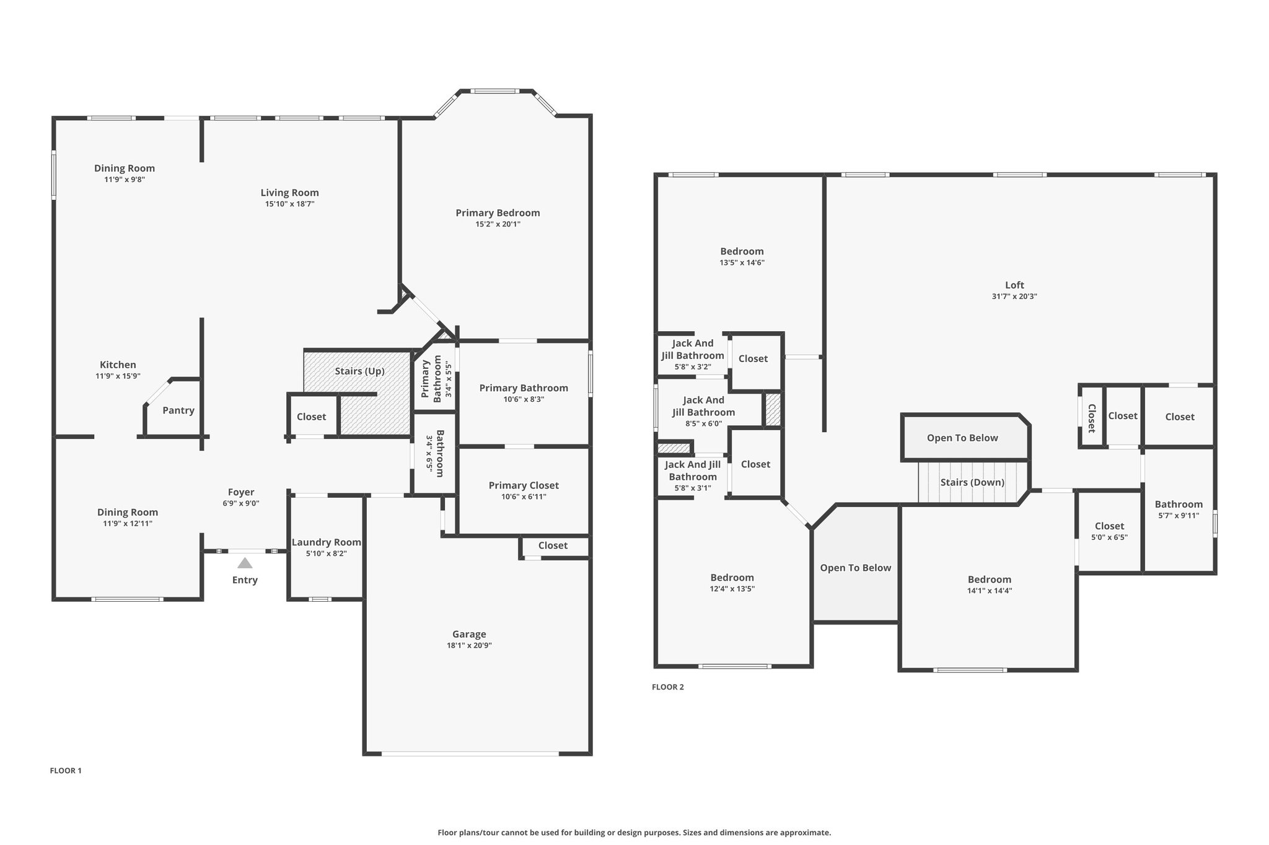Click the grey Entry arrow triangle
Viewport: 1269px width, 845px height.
coord(245,563)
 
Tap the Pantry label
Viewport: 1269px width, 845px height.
coord(178,410)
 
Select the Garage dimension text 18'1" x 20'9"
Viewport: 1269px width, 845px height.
coord(469,646)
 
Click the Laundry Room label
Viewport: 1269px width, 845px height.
coord(327,542)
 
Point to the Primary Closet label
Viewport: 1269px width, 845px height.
coord(524,485)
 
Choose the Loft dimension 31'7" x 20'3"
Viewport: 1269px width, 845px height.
coord(1014,297)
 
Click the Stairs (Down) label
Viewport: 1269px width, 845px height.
coord(972,482)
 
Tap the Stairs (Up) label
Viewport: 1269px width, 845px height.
coord(359,371)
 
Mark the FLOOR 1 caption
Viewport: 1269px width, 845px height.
coord(66,771)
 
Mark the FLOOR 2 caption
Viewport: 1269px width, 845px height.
coord(668,687)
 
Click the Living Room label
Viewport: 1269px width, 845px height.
coord(289,193)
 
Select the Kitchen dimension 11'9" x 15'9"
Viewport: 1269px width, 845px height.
coord(118,376)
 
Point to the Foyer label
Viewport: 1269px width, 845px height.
coord(241,492)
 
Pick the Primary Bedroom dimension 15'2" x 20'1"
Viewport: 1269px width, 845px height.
coord(498,224)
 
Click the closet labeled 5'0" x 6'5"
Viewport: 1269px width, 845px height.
coord(1109,531)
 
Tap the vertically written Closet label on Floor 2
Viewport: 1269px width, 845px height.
coord(1092,418)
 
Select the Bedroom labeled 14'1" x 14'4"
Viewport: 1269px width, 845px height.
coord(990,584)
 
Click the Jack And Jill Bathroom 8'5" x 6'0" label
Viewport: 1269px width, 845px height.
coord(703,412)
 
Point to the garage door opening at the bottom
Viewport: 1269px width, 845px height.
coord(470,753)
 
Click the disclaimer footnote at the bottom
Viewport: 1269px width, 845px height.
coord(634,833)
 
